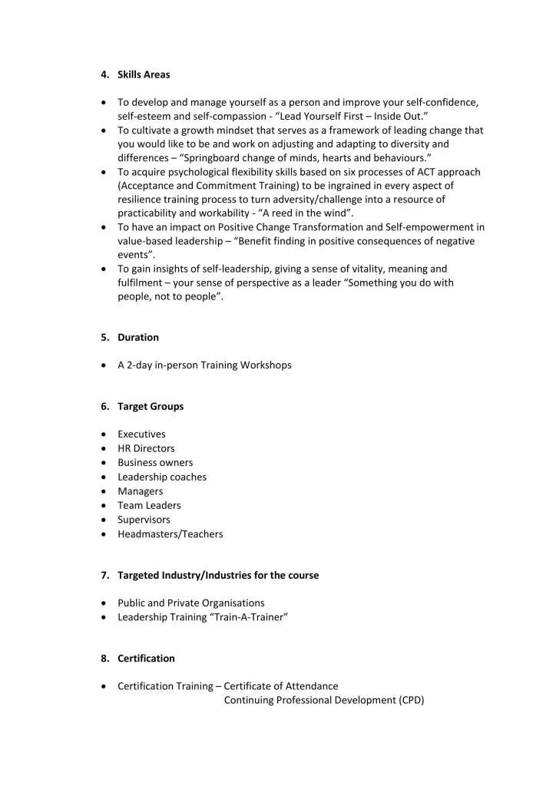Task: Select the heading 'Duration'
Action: pyautogui.click(x=138, y=337)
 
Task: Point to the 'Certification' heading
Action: pyautogui.click(x=146, y=658)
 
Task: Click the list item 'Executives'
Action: pyautogui.click(x=141, y=434)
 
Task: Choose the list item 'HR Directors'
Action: pyautogui.click(x=146, y=448)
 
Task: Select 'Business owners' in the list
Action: pyautogui.click(x=155, y=463)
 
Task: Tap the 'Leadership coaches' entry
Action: pyautogui.click(x=161, y=477)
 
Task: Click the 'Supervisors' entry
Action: pyautogui.click(x=144, y=520)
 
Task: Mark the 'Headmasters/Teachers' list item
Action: pyautogui.click(x=170, y=533)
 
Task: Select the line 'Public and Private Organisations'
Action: pyautogui.click(x=190, y=603)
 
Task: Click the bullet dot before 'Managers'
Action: pyautogui.click(x=104, y=491)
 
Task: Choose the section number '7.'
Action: pyautogui.click(x=105, y=575)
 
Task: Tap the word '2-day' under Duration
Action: pyautogui.click(x=139, y=365)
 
